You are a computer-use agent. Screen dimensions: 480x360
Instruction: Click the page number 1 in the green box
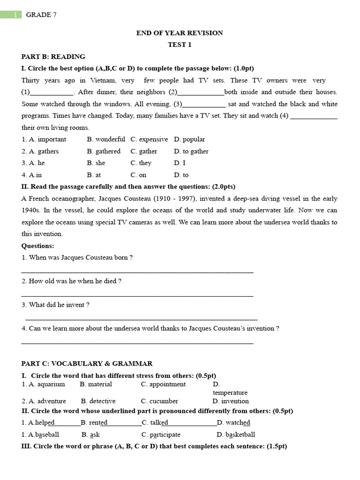pyautogui.click(x=15, y=15)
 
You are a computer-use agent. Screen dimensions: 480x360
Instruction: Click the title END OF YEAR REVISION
pyautogui.click(x=180, y=33)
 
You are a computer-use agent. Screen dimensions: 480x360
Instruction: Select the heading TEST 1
pyautogui.click(x=180, y=45)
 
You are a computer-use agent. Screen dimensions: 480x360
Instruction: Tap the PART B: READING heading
pyautogui.click(x=53, y=57)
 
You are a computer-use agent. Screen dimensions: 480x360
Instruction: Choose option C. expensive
pyautogui.click(x=149, y=139)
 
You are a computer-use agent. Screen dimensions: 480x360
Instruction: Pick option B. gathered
pyautogui.click(x=104, y=151)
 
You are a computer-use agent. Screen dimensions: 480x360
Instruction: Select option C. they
pyautogui.click(x=141, y=163)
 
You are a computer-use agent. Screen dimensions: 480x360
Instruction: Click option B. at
pyautogui.click(x=94, y=175)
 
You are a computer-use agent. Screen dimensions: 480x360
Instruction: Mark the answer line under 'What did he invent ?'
pyautogui.click(x=141, y=319)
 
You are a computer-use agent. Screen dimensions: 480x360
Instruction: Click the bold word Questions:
pyautogui.click(x=38, y=246)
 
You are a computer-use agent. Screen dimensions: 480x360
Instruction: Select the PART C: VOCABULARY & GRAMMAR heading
pyautogui.click(x=87, y=363)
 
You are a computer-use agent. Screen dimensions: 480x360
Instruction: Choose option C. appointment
pyautogui.click(x=163, y=384)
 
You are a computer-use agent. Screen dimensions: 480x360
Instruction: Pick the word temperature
pyautogui.click(x=230, y=393)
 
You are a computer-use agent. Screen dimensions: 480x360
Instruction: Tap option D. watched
pyautogui.click(x=233, y=423)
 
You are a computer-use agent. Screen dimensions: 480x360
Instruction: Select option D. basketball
pyautogui.click(x=236, y=435)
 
